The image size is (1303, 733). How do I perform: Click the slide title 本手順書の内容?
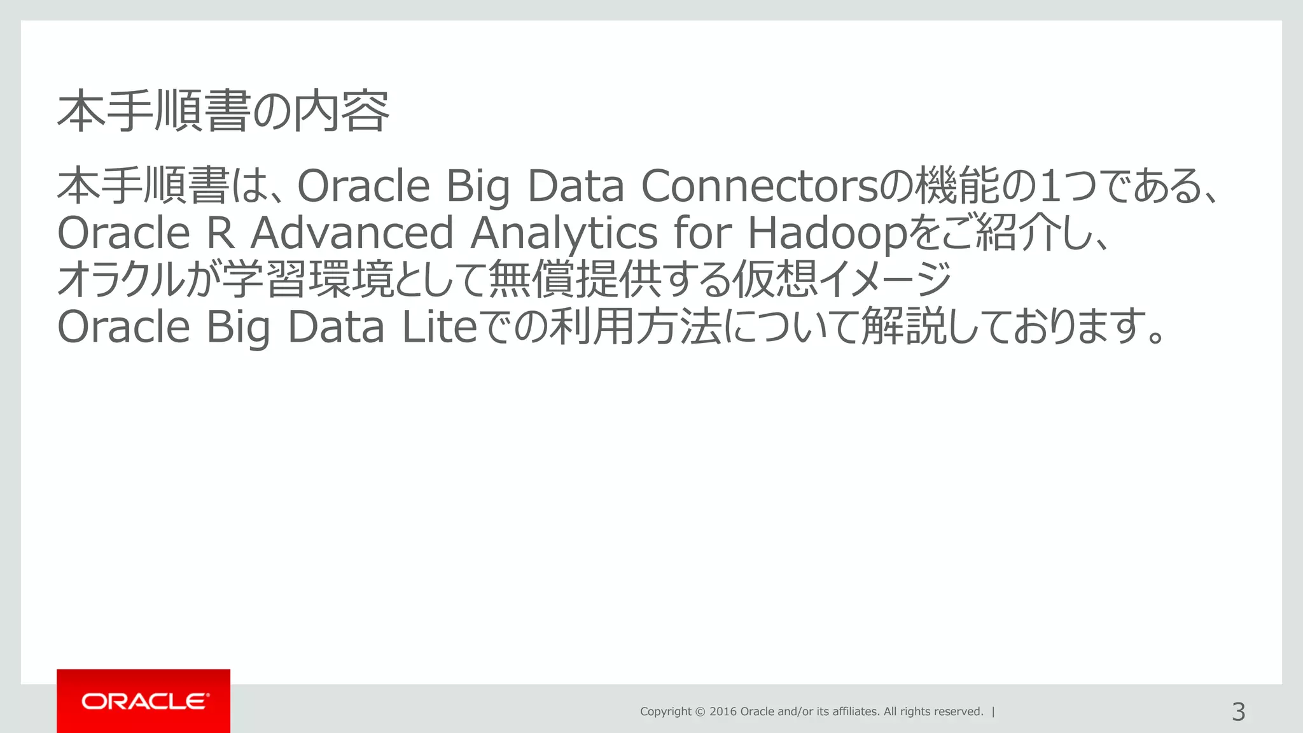click(x=223, y=112)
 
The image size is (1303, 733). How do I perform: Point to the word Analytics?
click(x=564, y=234)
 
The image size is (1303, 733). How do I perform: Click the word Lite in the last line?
click(x=439, y=327)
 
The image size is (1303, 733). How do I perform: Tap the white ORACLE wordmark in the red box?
click(x=144, y=701)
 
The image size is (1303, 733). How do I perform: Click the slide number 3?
click(x=1238, y=711)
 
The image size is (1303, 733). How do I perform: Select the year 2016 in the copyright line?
click(x=723, y=711)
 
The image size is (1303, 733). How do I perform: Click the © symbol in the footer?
click(x=700, y=711)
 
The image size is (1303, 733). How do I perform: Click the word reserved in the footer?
click(x=958, y=711)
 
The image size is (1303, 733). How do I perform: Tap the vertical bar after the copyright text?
click(x=993, y=711)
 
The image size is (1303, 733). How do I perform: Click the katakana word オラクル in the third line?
click(x=120, y=280)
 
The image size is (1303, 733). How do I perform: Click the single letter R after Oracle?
click(x=221, y=233)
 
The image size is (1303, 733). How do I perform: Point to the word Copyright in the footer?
click(x=665, y=711)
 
